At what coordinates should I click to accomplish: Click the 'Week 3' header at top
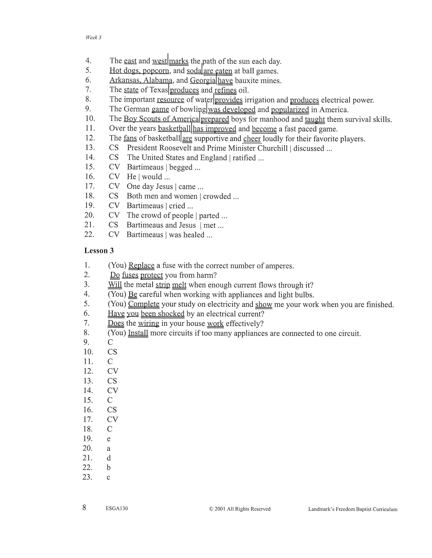click(93, 37)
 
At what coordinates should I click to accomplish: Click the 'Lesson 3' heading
click(99, 251)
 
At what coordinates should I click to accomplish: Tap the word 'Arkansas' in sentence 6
click(125, 80)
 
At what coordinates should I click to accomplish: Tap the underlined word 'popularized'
click(290, 110)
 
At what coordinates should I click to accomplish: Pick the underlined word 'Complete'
click(144, 304)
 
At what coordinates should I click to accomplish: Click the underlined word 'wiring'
click(149, 324)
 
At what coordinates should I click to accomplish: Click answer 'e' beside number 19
click(109, 439)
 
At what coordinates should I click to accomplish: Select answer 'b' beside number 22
click(109, 468)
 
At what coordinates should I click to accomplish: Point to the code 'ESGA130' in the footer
click(117, 508)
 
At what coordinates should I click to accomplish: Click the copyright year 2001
click(220, 509)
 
